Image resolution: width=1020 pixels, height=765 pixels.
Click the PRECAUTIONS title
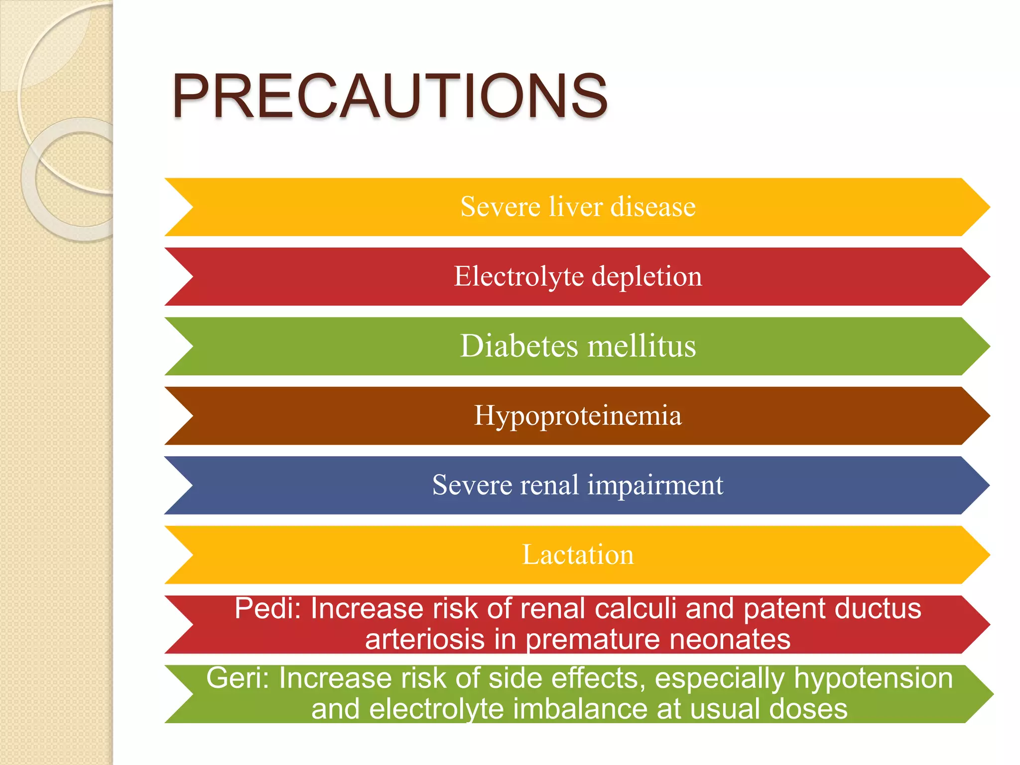tap(389, 96)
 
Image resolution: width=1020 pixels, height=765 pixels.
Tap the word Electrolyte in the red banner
tap(518, 276)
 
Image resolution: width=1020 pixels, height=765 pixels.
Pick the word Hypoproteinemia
tap(578, 416)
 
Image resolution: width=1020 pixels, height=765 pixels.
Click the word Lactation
tap(578, 554)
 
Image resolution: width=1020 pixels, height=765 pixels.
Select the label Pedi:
tap(268, 609)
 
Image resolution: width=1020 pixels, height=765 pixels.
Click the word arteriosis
tap(424, 639)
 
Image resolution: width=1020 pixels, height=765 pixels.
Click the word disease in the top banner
tap(653, 206)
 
